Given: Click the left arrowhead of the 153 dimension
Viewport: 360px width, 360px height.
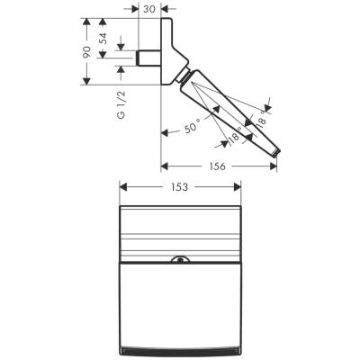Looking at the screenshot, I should coord(124,187).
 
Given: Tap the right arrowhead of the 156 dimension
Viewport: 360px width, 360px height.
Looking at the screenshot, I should coord(274,166).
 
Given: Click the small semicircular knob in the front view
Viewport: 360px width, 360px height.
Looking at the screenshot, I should coord(181,263).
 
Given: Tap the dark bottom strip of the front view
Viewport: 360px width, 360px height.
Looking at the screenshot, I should coord(181,347).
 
